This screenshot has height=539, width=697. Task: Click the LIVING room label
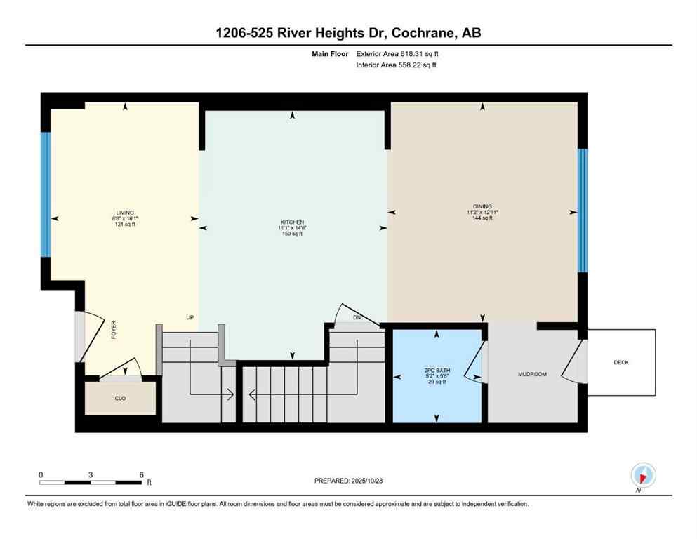coord(125,213)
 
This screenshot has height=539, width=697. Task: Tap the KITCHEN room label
coord(292,222)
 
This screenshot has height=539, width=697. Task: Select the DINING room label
coord(482,206)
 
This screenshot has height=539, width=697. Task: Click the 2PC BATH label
coord(437,369)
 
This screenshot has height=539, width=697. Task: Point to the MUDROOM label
coord(532,374)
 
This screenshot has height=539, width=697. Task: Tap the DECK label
coord(620,362)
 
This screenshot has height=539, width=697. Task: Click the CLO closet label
coord(121,397)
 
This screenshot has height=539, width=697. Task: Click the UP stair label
coord(190,317)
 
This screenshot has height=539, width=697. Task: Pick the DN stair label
coord(357,318)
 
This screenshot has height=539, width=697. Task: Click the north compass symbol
coord(643,475)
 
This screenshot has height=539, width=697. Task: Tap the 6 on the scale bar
coord(141,474)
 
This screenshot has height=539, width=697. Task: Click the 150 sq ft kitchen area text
coord(292,234)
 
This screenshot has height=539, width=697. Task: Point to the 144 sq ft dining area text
coord(482,218)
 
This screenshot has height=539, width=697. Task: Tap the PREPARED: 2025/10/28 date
coord(348,481)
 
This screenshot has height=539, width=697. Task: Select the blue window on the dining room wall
coord(582,211)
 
